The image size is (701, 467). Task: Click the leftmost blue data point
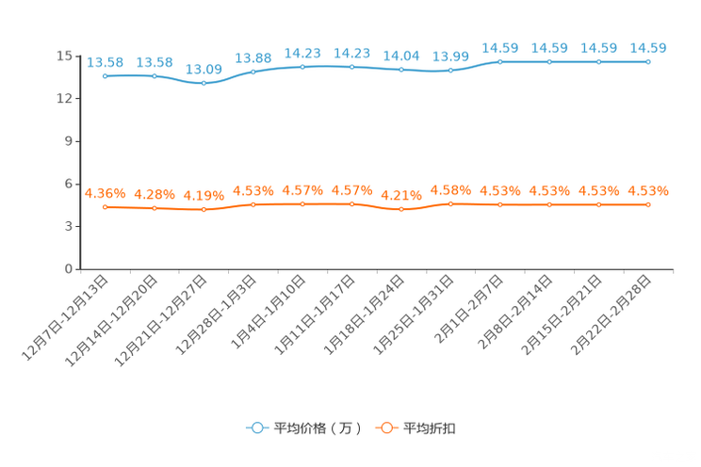pos(105,75)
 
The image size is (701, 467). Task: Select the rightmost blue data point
pos(648,61)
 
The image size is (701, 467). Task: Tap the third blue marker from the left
pos(204,83)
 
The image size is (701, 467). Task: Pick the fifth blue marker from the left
pos(302,67)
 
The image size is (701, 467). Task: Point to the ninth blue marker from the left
pos(499,61)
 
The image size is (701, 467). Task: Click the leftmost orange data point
pos(105,206)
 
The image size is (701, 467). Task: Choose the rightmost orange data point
pos(648,203)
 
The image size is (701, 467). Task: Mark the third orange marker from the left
pos(204,209)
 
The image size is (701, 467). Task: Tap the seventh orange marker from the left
pos(401,209)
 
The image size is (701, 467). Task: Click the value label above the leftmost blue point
pos(105,62)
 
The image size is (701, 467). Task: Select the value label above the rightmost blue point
pos(648,48)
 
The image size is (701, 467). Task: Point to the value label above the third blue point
pos(204,70)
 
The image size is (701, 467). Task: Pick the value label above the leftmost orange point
pos(105,193)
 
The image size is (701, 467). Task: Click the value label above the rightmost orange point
pos(648,190)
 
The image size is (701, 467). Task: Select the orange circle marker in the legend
pos(384,427)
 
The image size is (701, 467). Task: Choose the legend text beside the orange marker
pos(431,428)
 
